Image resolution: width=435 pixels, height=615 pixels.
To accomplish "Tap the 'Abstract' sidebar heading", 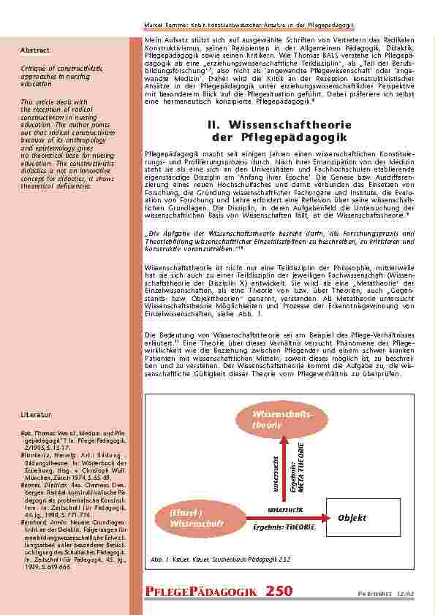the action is click(x=36, y=50).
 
